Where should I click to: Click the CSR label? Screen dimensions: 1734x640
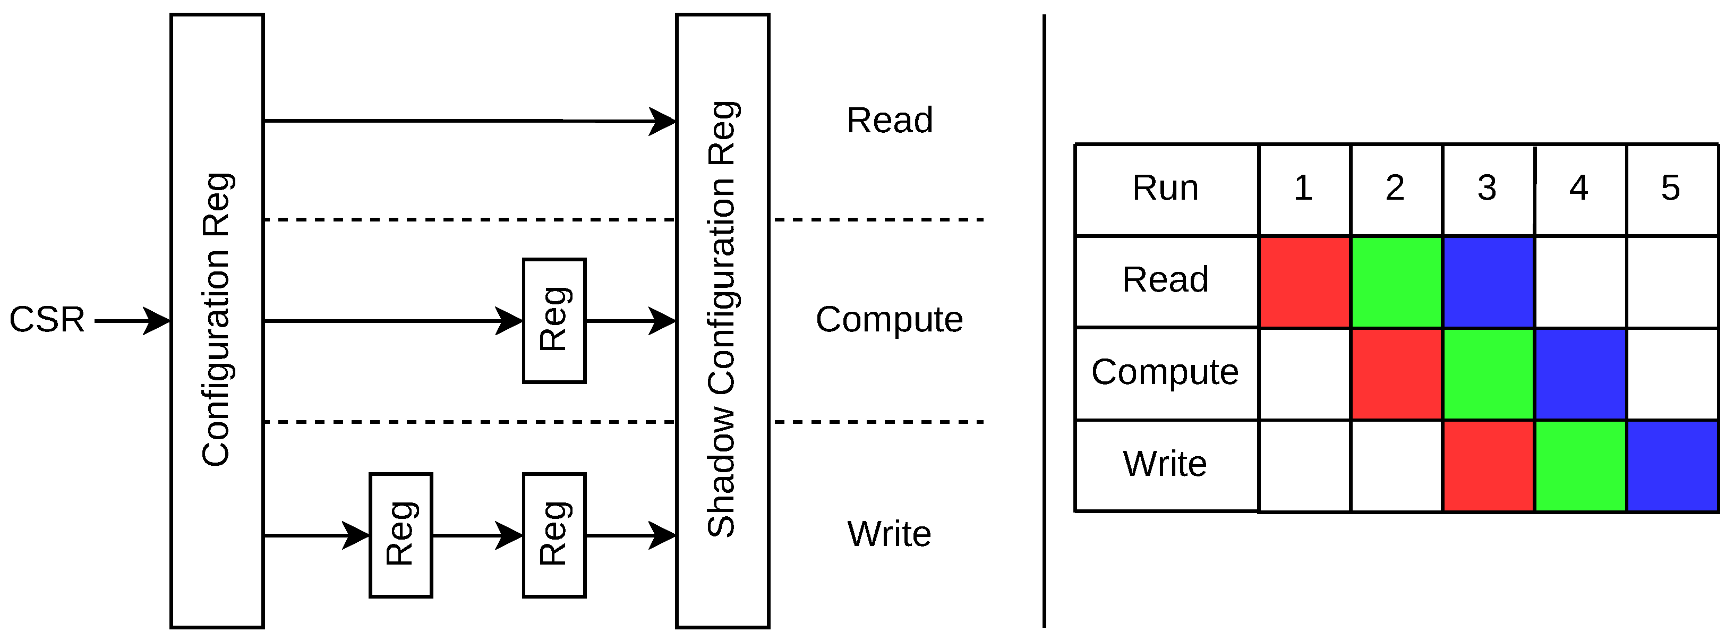(47, 320)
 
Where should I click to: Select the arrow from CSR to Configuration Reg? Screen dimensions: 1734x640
(133, 321)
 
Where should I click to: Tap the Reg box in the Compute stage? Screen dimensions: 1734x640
(554, 321)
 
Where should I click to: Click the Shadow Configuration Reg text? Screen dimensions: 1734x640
(722, 320)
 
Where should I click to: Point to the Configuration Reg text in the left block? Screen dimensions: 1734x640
(217, 320)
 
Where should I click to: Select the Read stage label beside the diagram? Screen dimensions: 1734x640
(889, 121)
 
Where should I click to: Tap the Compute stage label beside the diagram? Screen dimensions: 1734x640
(889, 320)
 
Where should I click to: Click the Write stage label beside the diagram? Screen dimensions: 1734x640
(889, 534)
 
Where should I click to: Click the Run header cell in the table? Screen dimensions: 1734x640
(1166, 189)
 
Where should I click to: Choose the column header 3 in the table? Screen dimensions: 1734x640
(1488, 189)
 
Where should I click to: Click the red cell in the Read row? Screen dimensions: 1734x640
(1304, 282)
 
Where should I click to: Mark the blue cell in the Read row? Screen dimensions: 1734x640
(1488, 282)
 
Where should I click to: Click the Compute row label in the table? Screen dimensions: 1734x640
(1165, 372)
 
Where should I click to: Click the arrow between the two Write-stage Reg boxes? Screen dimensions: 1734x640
(478, 536)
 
